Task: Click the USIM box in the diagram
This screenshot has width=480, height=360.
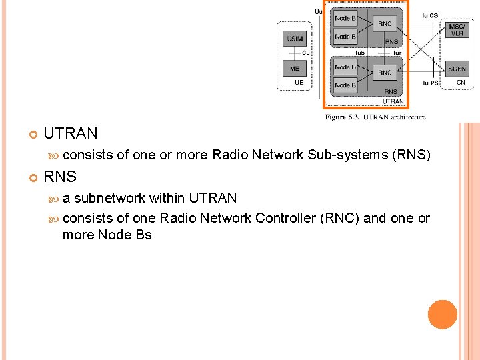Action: click(x=295, y=39)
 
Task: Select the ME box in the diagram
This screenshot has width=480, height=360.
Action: click(x=295, y=69)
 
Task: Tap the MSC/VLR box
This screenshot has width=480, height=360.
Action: click(x=457, y=30)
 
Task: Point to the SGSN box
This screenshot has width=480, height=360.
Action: click(x=457, y=69)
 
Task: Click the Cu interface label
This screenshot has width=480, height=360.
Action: click(x=305, y=53)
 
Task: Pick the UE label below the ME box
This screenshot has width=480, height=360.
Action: click(x=299, y=83)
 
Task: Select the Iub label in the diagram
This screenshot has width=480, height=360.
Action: click(x=359, y=52)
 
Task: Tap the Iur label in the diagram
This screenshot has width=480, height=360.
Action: click(x=397, y=52)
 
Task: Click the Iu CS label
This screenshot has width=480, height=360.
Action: click(x=430, y=15)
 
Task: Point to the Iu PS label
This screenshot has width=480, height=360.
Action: click(x=430, y=83)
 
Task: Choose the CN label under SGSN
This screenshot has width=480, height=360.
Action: click(x=461, y=83)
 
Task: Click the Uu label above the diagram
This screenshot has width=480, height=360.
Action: click(x=318, y=11)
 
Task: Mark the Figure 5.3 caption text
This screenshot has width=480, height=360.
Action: click(x=375, y=117)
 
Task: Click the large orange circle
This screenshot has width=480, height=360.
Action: click(x=443, y=315)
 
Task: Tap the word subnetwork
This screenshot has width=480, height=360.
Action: click(x=110, y=198)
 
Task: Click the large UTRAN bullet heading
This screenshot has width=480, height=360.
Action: click(x=70, y=133)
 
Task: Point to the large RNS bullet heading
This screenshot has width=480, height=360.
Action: click(x=60, y=177)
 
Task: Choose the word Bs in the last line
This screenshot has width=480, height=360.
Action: click(x=143, y=235)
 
